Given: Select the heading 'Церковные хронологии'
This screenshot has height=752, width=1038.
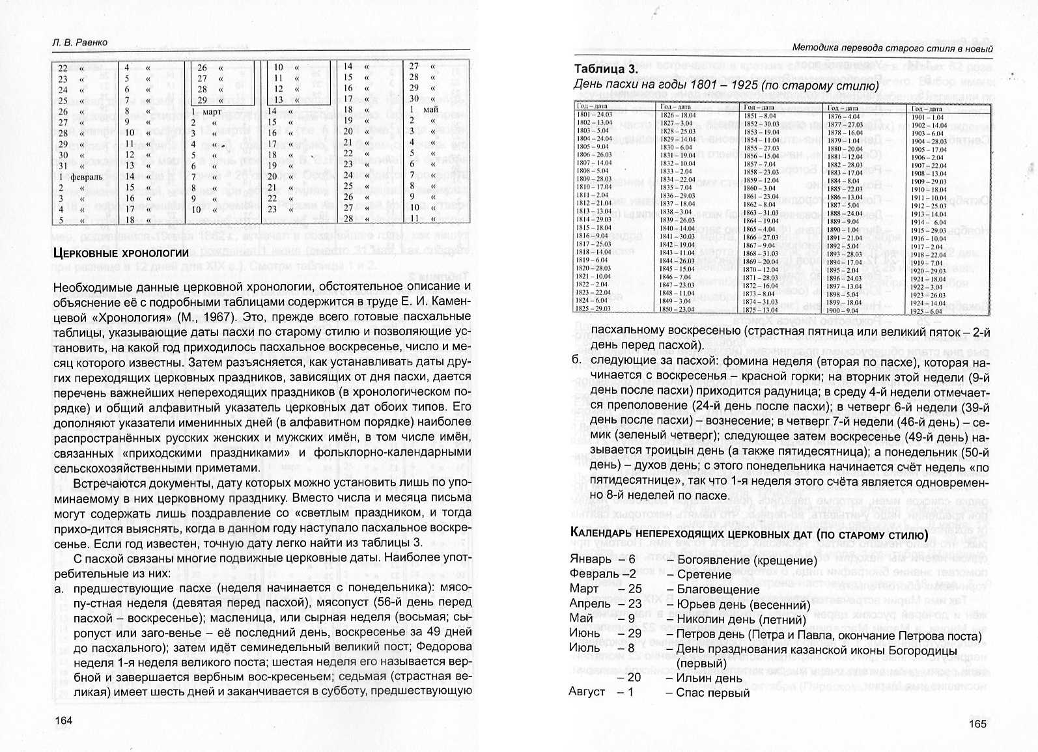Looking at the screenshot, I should click(x=120, y=253).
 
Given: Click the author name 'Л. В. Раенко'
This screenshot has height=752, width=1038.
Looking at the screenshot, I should click(x=80, y=42).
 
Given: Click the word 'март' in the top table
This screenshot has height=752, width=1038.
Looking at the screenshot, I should click(x=212, y=111).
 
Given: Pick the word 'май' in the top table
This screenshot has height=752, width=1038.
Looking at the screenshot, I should click(x=430, y=109).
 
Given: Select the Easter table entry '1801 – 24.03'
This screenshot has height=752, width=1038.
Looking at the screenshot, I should click(x=595, y=115).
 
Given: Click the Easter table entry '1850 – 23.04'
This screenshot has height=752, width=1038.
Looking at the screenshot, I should click(x=677, y=309).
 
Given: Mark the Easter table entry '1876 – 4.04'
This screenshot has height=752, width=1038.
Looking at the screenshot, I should click(x=845, y=117).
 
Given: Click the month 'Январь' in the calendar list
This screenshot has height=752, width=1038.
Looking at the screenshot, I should click(x=590, y=559).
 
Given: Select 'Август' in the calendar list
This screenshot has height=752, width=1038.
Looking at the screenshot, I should click(x=587, y=692).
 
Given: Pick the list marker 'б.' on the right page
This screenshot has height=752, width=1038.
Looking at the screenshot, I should click(x=575, y=361).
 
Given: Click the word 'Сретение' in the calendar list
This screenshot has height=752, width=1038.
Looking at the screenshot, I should click(x=704, y=574).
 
